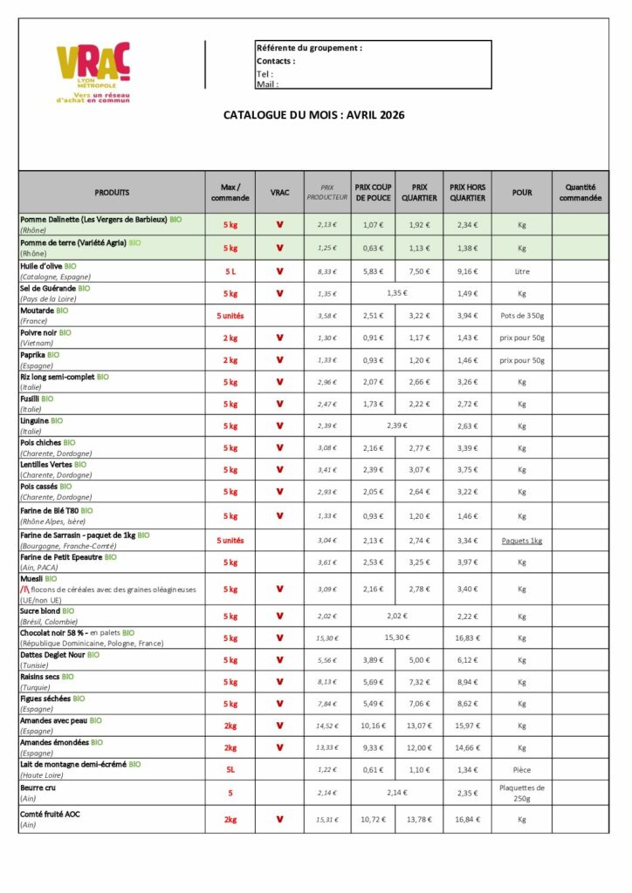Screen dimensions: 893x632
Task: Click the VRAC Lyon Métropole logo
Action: tap(93, 72)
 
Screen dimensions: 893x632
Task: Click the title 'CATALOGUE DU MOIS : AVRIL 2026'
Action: tap(314, 114)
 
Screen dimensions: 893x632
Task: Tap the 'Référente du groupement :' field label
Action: tap(309, 47)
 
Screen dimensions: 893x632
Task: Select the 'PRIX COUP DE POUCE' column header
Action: tap(373, 192)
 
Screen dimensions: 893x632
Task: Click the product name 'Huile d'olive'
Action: tap(41, 265)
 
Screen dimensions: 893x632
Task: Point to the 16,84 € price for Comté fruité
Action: tap(468, 820)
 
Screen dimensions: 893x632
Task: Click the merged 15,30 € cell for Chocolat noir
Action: tap(397, 638)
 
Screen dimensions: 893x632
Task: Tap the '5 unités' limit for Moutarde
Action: tap(230, 316)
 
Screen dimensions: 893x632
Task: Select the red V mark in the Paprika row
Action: tap(279, 360)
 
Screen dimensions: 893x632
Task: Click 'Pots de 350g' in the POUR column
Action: tap(522, 316)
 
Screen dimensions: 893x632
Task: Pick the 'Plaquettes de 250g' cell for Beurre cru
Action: tap(522, 792)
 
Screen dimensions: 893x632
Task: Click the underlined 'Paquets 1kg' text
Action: tap(522, 541)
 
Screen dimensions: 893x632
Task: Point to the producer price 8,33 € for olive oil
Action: tap(327, 271)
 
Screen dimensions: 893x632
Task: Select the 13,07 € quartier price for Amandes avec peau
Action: tap(420, 726)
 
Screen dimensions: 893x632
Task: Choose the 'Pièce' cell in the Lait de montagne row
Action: tap(522, 770)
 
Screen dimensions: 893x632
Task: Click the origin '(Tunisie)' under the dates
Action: tap(36, 665)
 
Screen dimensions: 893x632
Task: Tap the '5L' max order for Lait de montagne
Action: tap(230, 770)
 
